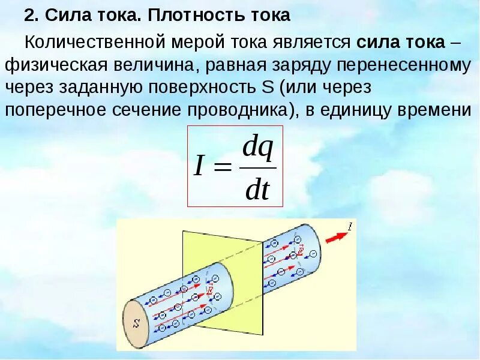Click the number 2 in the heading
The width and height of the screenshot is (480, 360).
[28, 16]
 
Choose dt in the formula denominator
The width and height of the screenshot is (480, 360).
[258, 190]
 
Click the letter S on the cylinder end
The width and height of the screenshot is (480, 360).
[137, 323]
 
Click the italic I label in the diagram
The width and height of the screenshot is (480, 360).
[350, 226]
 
